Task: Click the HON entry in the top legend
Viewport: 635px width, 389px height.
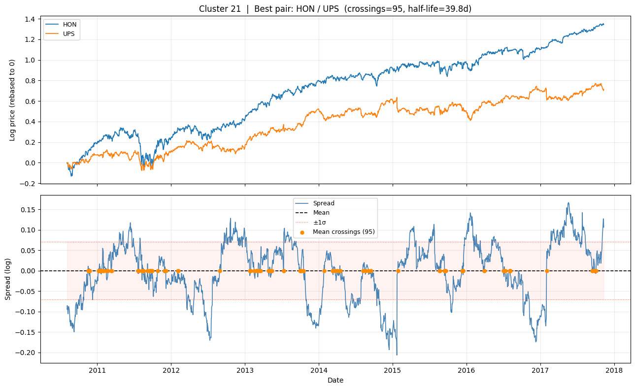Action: click(x=68, y=24)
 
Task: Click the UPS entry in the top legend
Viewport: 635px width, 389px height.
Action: click(x=68, y=33)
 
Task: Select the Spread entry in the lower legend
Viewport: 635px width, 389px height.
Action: click(x=323, y=203)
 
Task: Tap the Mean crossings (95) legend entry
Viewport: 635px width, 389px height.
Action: click(x=344, y=232)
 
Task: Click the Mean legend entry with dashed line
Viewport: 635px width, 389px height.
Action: click(x=321, y=213)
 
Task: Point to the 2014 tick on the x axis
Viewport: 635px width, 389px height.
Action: click(x=319, y=370)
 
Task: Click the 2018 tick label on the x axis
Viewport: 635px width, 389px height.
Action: click(x=614, y=370)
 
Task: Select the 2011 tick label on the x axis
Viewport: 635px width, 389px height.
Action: click(x=97, y=370)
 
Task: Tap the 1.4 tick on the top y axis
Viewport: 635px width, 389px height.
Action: click(x=29, y=19)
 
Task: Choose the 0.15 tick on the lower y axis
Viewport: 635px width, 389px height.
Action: click(x=27, y=209)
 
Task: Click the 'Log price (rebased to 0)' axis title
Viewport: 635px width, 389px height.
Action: click(x=12, y=100)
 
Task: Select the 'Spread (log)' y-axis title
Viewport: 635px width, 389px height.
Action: click(x=8, y=279)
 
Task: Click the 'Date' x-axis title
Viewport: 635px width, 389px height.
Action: click(x=335, y=380)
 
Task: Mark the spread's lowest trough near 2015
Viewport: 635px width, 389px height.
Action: click(x=397, y=355)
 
